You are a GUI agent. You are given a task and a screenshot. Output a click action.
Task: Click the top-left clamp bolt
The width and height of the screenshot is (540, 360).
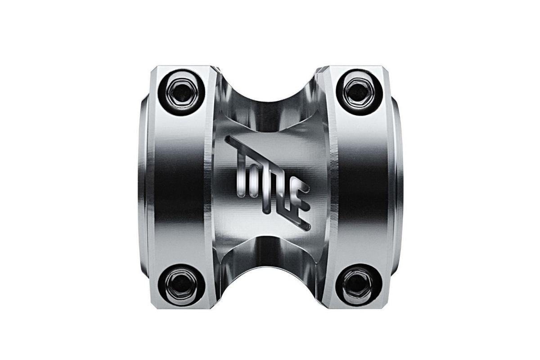pyautogui.click(x=182, y=92)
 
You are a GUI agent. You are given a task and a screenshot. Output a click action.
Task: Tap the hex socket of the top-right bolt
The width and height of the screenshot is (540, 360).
pyautogui.click(x=359, y=92)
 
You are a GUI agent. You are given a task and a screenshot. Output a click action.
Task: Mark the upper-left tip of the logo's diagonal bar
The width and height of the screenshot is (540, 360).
pyautogui.click(x=228, y=139)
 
